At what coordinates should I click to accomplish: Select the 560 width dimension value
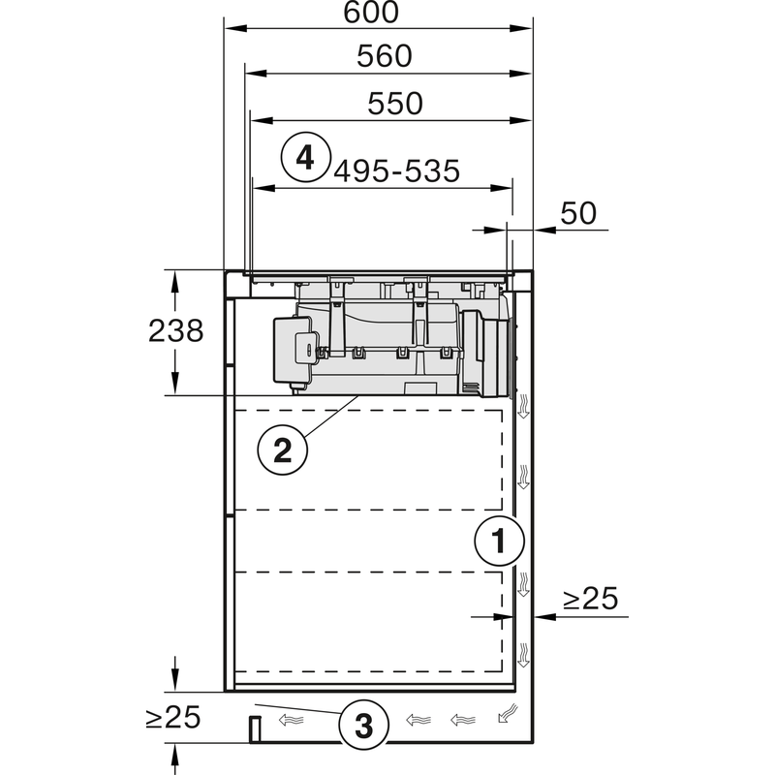pos(384,57)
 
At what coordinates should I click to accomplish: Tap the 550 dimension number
pos(395,103)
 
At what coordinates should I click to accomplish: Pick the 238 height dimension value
pos(175,330)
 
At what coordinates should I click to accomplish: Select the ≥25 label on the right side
pos(589,600)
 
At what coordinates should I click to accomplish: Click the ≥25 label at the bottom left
pos(172,718)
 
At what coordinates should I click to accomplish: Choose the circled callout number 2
pos(282,450)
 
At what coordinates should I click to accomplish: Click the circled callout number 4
pos(305,157)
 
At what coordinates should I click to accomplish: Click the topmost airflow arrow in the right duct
pos(523,408)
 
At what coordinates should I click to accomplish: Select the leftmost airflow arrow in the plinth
pos(290,720)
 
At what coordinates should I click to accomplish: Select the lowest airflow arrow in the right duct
pos(523,654)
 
